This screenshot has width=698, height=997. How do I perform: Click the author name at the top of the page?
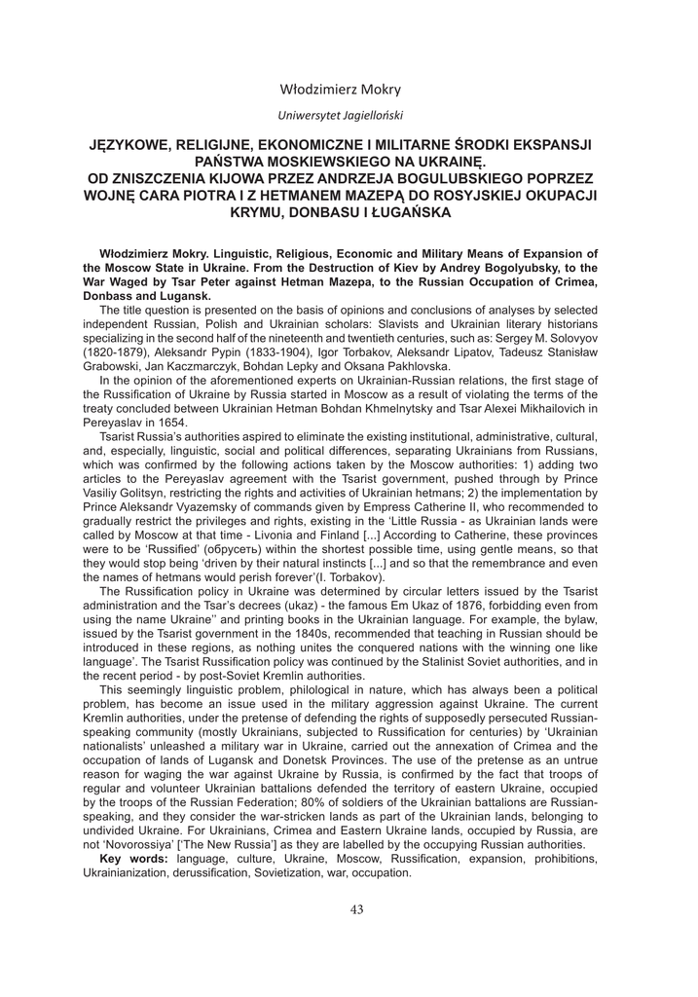coord(340,90)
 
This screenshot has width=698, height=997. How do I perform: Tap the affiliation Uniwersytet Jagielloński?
coord(340,115)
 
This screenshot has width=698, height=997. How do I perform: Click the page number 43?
coord(356,909)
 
